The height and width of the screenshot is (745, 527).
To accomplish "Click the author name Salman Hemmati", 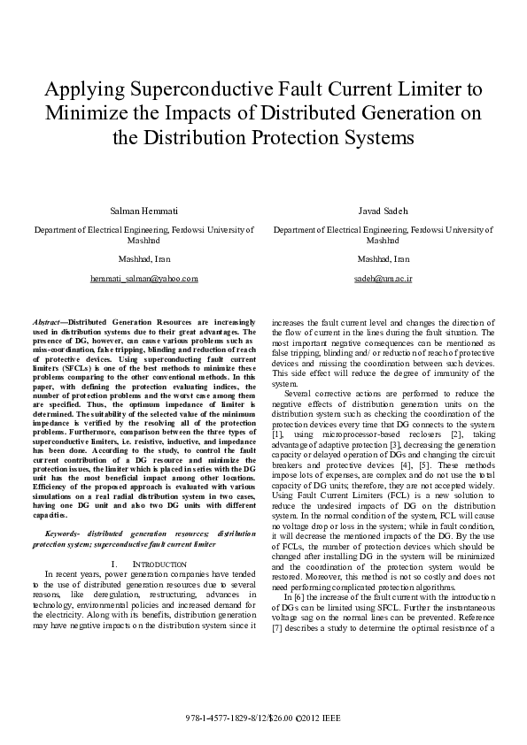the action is (x=143, y=211).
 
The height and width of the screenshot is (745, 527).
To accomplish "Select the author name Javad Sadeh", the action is (x=383, y=211).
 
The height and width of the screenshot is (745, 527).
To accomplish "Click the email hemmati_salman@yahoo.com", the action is (x=143, y=279).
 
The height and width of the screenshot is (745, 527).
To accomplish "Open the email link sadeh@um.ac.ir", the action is (x=383, y=279).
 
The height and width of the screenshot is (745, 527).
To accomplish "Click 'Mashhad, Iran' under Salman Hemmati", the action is (x=143, y=259).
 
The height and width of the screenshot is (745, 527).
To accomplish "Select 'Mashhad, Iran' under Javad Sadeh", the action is (x=383, y=259).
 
